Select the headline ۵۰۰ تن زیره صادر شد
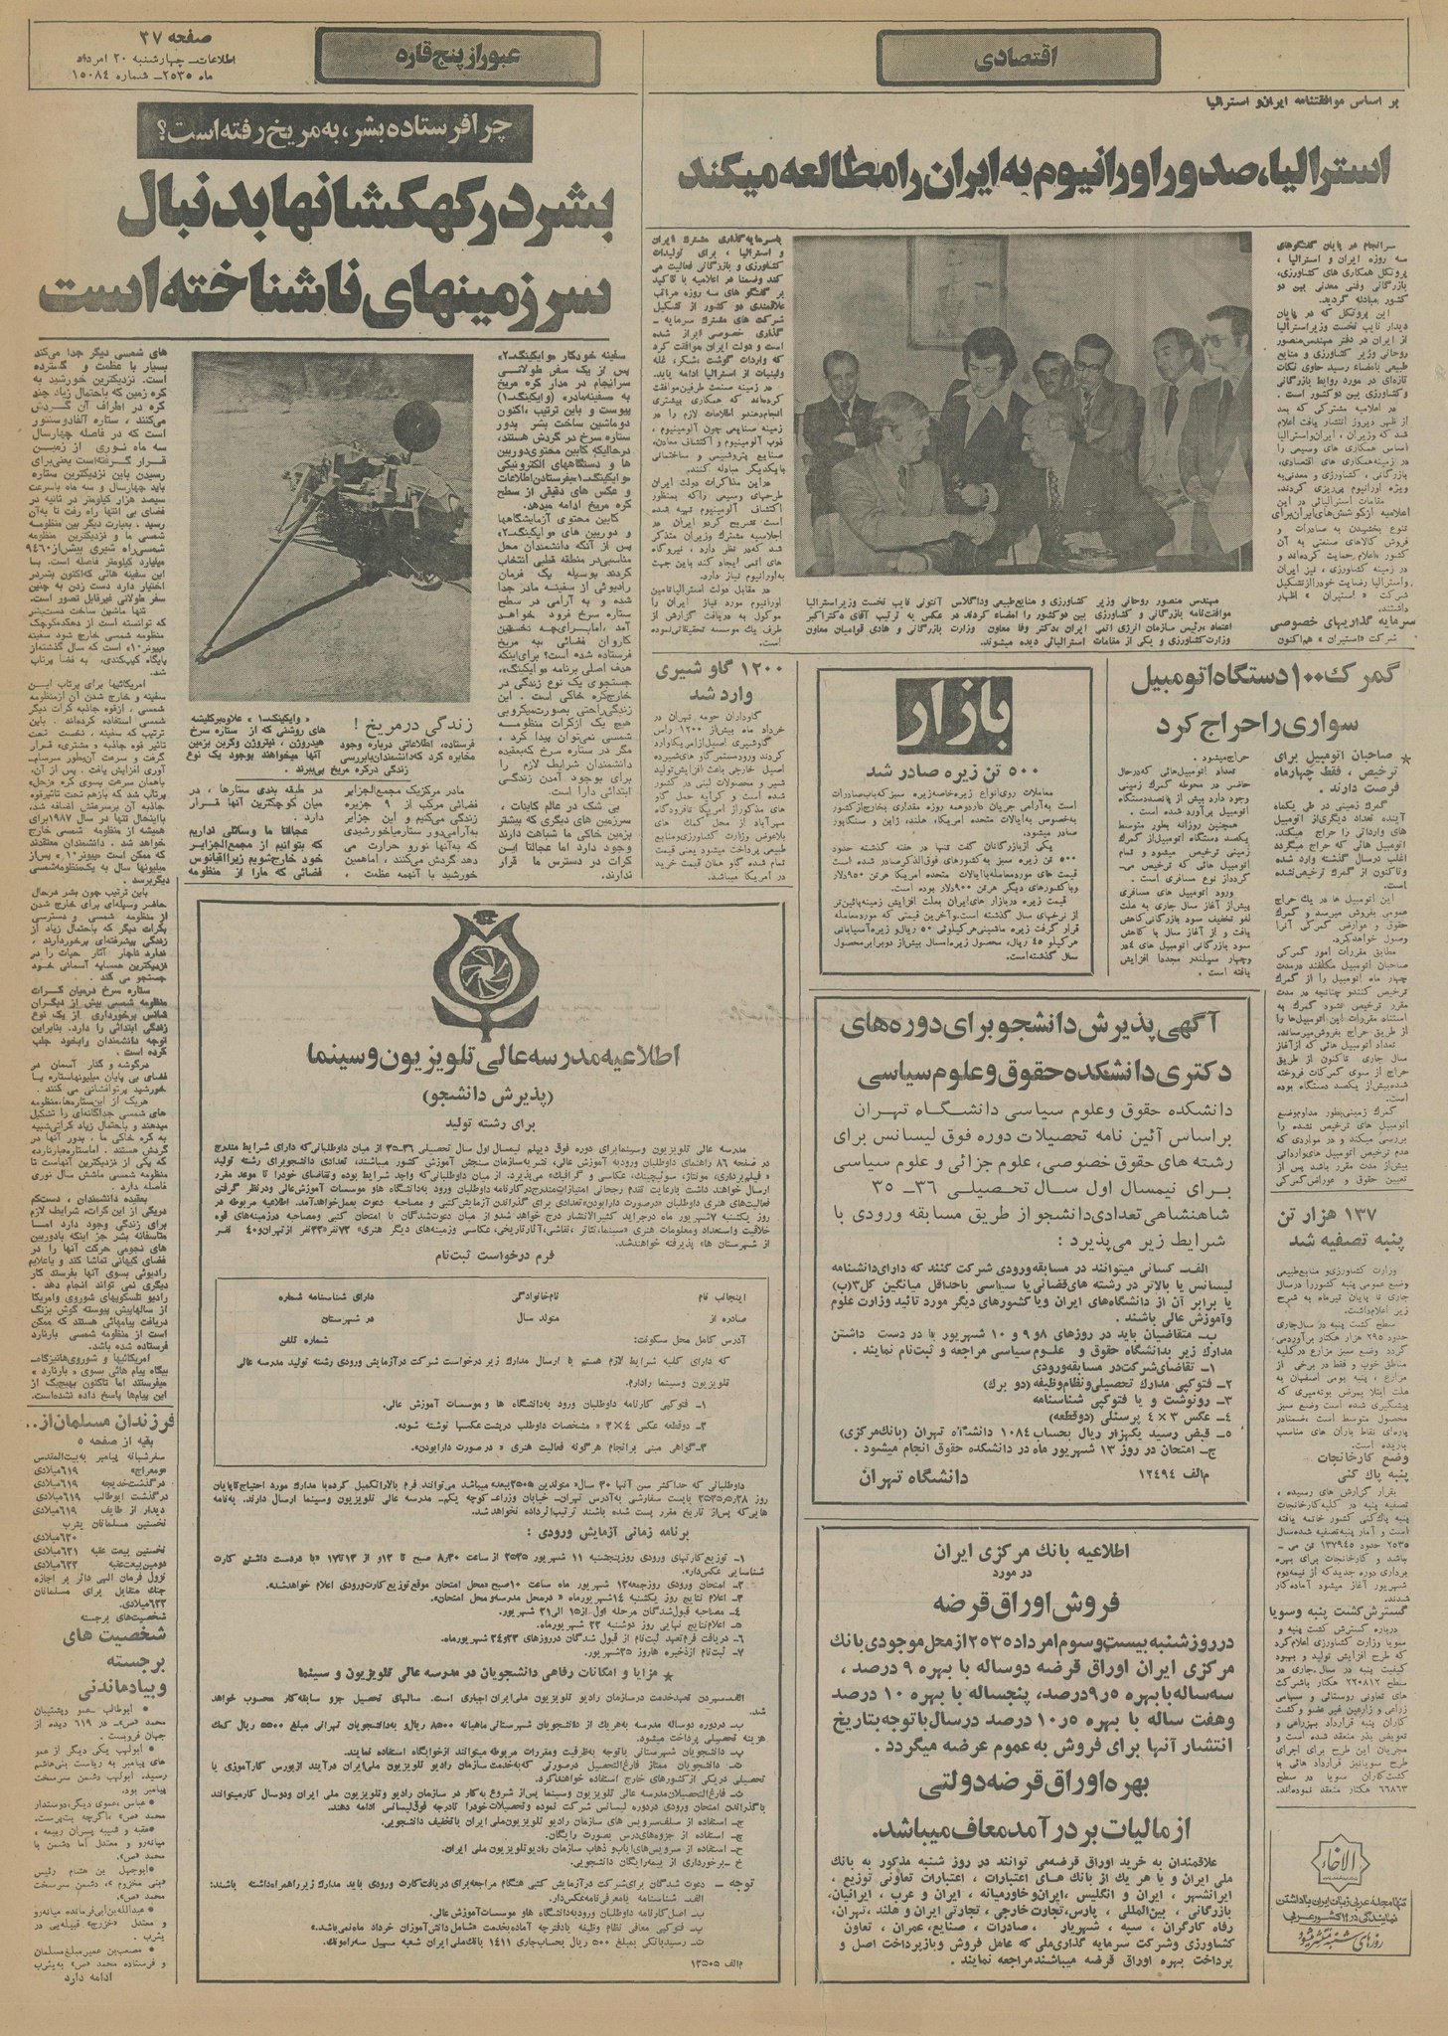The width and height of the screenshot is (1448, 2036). pyautogui.click(x=954, y=771)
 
